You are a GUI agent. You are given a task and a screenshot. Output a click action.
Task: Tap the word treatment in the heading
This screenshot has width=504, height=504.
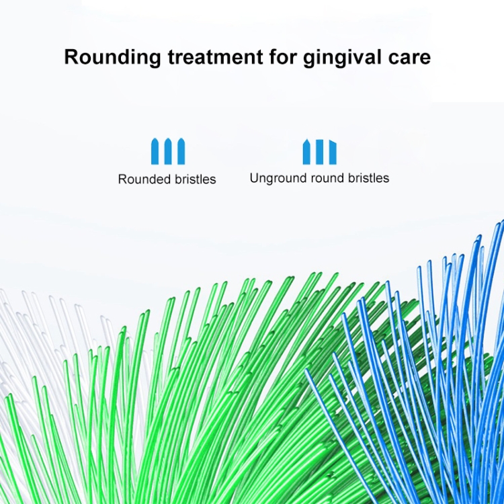coord(215,57)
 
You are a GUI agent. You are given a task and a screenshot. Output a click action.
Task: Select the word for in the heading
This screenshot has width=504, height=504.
coord(283,56)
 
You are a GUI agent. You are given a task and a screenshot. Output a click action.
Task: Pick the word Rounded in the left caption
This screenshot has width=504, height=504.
coord(145,179)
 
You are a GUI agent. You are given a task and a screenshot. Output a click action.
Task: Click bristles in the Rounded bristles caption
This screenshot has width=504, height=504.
coord(196,179)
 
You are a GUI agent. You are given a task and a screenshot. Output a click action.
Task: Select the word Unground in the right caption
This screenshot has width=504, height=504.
coord(279,178)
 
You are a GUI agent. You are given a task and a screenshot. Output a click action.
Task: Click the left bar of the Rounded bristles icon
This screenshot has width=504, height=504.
coord(155,151)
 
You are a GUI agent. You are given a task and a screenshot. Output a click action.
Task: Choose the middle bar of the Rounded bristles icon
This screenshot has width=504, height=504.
coord(168,151)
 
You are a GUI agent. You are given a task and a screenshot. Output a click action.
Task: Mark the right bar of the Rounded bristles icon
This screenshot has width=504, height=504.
coord(181,151)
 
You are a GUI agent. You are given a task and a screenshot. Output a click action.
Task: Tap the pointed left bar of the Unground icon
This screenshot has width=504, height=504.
coord(306,152)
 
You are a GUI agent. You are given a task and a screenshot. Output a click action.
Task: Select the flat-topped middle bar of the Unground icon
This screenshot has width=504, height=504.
coord(319,152)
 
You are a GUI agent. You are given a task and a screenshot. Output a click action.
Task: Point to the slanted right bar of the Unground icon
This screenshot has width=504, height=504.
coord(333,153)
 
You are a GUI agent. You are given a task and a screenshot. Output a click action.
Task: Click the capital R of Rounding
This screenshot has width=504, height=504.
coord(71,57)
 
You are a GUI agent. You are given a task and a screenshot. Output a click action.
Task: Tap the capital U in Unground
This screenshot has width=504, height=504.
coord(254,178)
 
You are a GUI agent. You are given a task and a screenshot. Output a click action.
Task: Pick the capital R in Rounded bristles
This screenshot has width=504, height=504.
coord(122,179)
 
